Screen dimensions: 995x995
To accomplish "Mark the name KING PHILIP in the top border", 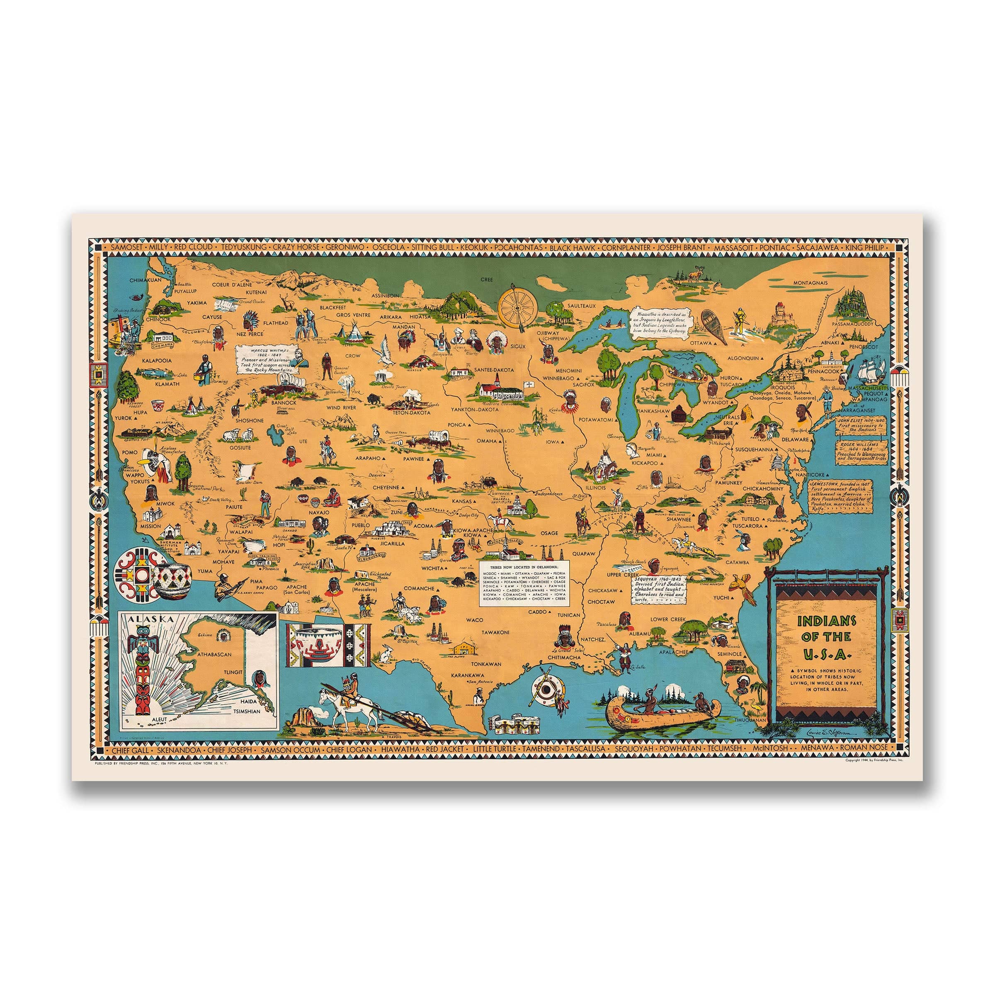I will coord(869,248).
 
